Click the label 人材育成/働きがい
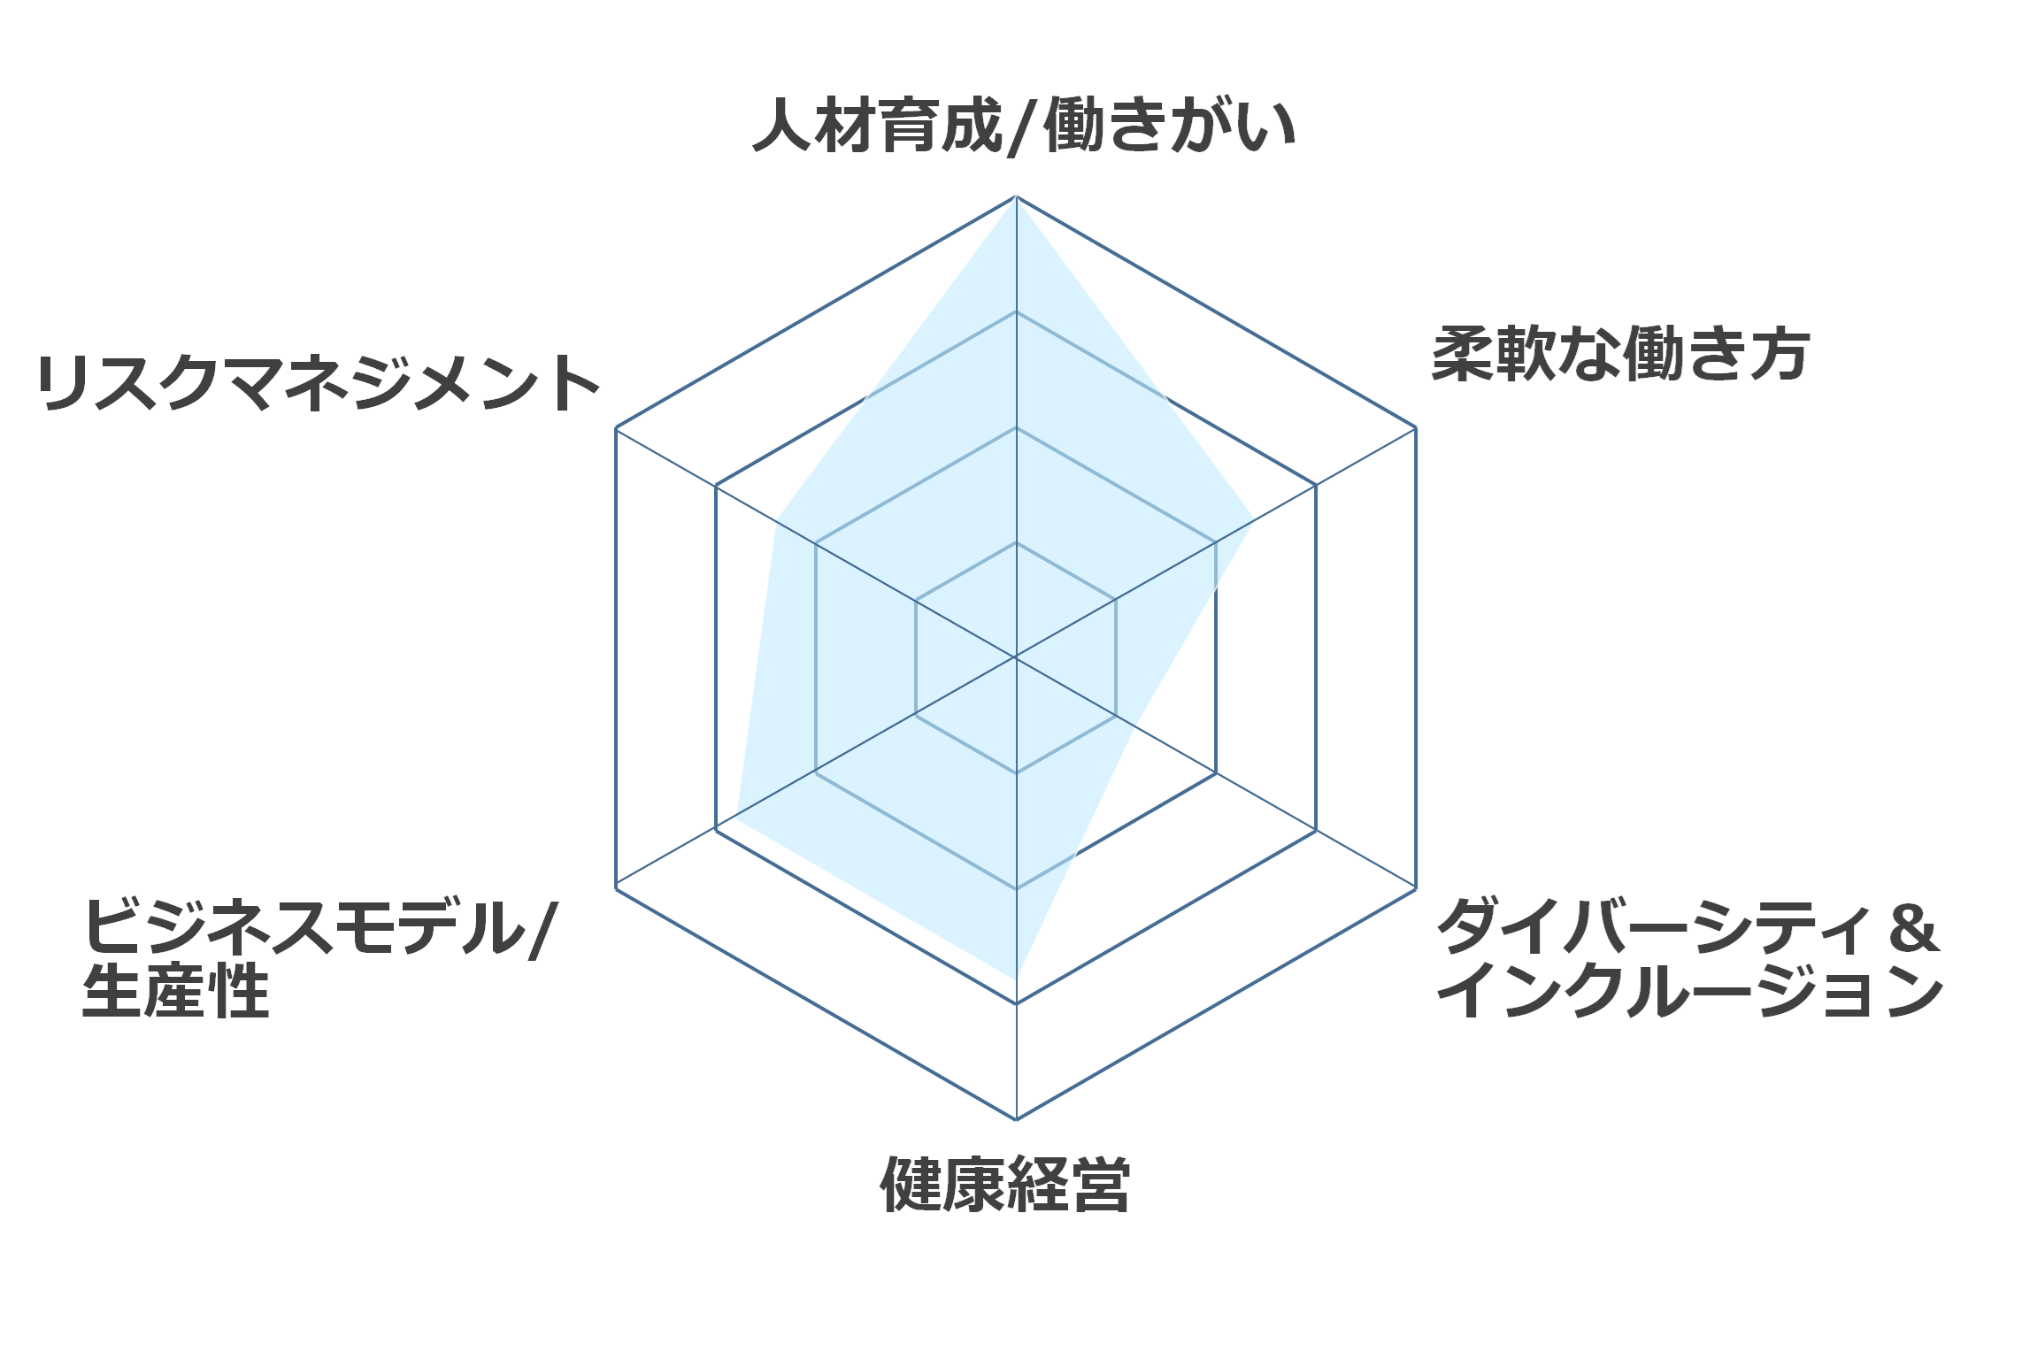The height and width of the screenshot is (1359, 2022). (x=1024, y=127)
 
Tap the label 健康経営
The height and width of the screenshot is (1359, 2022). (x=1005, y=1184)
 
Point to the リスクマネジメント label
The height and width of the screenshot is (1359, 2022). (x=319, y=383)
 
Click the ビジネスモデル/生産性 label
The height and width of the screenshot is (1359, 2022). (x=319, y=958)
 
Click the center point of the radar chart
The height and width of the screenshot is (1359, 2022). (x=1016, y=657)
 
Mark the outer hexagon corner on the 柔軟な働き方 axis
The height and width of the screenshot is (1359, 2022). (x=1416, y=427)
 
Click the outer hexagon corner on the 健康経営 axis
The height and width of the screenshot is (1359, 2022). (x=1016, y=1119)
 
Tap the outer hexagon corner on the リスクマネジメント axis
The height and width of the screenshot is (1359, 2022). (x=616, y=427)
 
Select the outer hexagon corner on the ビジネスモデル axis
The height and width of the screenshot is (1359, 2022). (x=616, y=888)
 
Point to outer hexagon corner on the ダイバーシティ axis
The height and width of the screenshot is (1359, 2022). (x=1416, y=888)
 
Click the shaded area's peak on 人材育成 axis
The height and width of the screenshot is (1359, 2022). (x=1016, y=197)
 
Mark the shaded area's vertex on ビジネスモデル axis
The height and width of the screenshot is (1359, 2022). (x=736, y=819)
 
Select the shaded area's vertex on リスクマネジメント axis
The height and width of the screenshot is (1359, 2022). (x=777, y=519)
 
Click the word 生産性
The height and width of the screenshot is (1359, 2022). (x=175, y=990)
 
